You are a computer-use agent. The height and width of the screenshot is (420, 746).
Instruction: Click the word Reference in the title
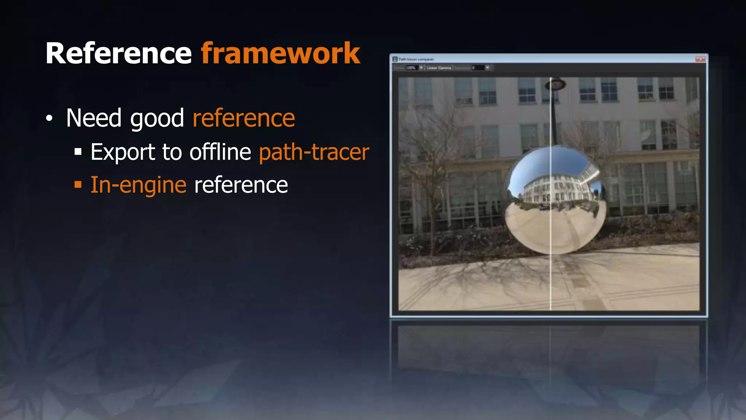(118, 54)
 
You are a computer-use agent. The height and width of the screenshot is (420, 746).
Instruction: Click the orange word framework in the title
(280, 54)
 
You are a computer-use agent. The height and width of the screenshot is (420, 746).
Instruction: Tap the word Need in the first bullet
(94, 118)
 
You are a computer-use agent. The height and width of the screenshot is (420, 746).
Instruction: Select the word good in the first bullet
(157, 119)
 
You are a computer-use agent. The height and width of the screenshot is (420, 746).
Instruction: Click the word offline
(220, 152)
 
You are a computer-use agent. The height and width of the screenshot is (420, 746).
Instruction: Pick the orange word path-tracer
(314, 152)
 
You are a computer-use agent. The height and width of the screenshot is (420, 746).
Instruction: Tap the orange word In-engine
(138, 185)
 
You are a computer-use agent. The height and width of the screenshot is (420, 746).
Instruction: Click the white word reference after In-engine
(241, 185)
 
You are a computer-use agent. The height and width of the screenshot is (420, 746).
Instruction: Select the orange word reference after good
(244, 118)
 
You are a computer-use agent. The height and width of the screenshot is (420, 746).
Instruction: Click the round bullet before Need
(49, 118)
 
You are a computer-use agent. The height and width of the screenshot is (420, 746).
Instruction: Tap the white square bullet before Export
(78, 152)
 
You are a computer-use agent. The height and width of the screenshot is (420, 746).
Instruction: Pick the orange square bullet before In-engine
(78, 184)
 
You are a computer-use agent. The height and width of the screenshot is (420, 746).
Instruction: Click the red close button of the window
(700, 59)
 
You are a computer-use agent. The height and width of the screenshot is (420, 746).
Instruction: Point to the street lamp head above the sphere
(555, 85)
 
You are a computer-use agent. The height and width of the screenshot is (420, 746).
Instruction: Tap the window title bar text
(416, 59)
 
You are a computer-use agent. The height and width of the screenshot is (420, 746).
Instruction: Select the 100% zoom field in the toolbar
(411, 68)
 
